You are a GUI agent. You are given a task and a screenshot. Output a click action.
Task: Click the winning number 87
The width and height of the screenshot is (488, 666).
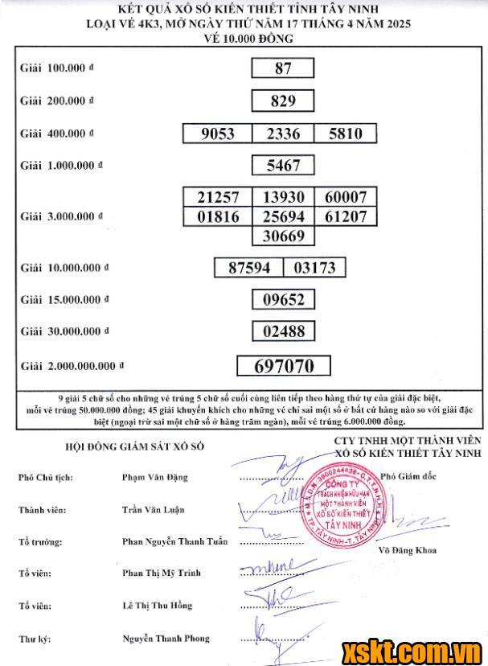pos(283,68)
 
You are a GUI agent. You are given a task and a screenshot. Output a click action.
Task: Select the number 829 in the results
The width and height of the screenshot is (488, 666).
pos(283,101)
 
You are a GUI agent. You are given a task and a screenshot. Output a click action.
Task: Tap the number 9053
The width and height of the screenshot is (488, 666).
pos(217,134)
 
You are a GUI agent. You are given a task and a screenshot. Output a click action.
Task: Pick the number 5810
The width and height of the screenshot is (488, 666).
pos(346,134)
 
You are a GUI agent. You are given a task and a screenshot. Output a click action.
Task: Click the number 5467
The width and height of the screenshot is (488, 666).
pos(283,166)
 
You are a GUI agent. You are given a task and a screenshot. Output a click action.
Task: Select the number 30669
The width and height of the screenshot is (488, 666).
pos(283,236)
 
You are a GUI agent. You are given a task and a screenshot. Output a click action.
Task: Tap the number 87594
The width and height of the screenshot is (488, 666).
pos(249,267)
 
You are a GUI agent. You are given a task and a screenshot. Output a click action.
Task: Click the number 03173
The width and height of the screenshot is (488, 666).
pos(314,267)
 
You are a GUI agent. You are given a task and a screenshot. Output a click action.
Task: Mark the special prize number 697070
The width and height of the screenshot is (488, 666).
pos(284,366)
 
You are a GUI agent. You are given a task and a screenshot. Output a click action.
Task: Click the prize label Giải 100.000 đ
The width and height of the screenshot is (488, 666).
pos(56,68)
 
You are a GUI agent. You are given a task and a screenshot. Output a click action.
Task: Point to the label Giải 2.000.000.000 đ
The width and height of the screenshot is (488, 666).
pos(72,366)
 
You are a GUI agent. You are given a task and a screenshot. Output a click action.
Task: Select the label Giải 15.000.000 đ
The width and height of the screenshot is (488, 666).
pos(63,300)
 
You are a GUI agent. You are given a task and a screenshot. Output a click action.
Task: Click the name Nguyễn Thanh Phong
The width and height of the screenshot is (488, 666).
pos(166,639)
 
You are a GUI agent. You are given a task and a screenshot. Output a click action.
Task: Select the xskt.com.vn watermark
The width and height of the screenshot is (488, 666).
pos(412,649)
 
